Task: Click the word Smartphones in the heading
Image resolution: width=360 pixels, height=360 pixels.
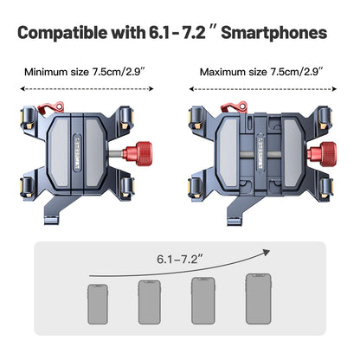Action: pos(274,34)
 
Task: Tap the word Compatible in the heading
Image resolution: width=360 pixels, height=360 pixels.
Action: pos(62,34)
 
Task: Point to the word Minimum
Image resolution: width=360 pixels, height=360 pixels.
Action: pos(46,72)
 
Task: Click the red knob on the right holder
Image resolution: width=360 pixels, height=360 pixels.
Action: pos(322,154)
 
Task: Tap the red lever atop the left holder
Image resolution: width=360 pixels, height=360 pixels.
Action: pos(51,108)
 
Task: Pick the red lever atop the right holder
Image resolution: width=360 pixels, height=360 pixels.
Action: pos(235,107)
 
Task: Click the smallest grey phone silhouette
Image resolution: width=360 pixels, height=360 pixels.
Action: pos(98,304)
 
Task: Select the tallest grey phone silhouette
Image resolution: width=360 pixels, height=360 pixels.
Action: pos(259,299)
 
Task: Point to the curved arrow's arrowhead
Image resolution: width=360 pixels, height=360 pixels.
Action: pos(266,252)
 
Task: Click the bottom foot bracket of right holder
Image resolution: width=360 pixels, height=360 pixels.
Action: pos(237,212)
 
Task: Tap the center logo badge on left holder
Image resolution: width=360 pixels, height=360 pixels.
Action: pos(78,152)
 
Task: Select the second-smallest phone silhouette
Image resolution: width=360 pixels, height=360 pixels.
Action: pos(150,302)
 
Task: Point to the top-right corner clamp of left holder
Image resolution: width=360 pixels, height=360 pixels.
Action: pos(126,118)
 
